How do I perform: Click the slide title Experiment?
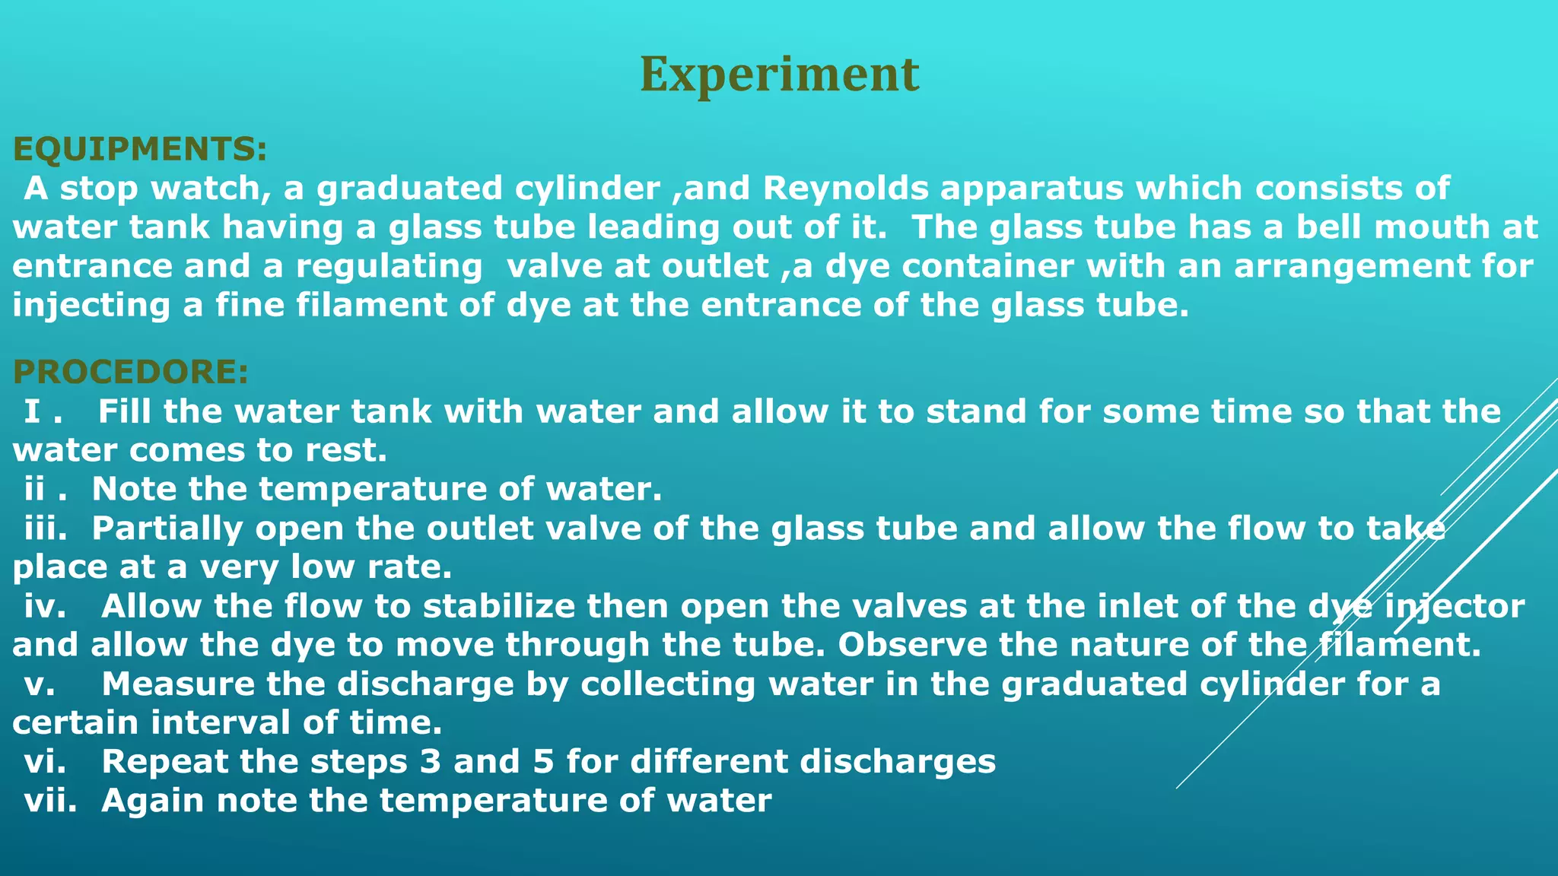click(779, 75)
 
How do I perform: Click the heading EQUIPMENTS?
click(140, 149)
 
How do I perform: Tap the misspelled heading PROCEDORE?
click(130, 372)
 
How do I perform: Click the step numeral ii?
click(35, 488)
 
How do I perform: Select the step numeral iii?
click(45, 528)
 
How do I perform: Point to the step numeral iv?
click(45, 606)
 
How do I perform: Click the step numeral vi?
click(45, 761)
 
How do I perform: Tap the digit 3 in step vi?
click(431, 761)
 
